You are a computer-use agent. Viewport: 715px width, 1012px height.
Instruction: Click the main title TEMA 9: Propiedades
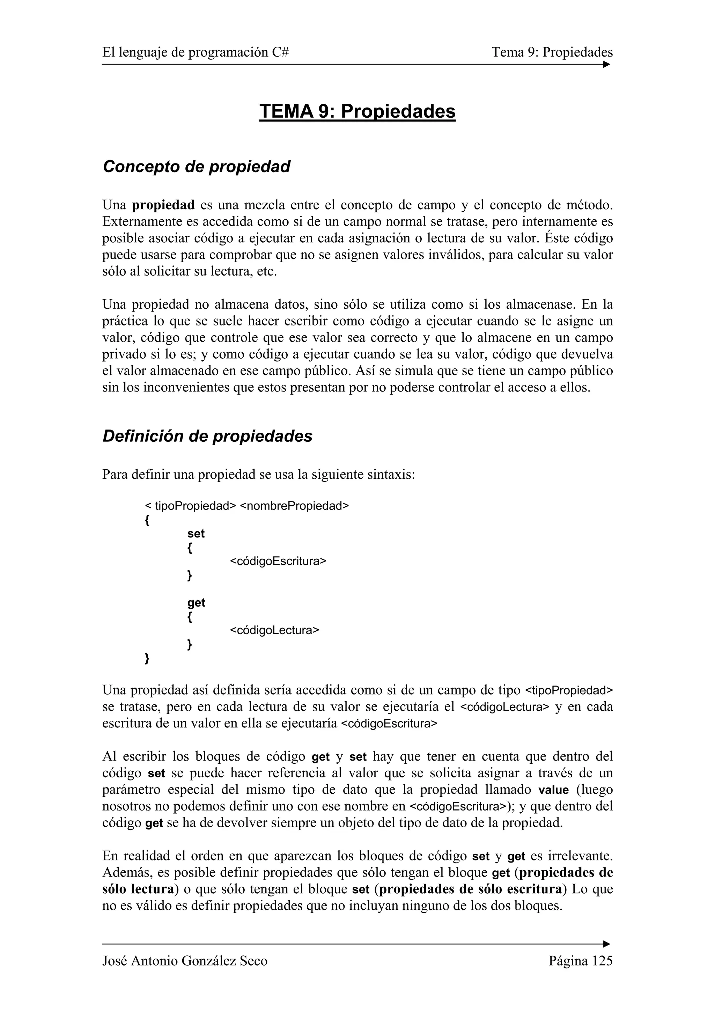(357, 111)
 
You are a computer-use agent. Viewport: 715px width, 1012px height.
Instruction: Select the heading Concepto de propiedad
(196, 167)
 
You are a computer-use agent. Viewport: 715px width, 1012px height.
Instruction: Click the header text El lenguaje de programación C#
(196, 52)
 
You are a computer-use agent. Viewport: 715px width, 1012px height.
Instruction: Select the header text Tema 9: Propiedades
(552, 52)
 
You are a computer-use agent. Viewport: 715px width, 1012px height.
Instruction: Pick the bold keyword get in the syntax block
(196, 602)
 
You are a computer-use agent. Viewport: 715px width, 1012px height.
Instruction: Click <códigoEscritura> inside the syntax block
(278, 561)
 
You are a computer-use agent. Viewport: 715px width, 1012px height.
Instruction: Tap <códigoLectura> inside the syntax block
(274, 630)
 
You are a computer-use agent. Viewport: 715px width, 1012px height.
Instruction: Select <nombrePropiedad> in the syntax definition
(294, 506)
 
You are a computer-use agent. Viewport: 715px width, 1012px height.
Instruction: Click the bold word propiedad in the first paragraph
(163, 205)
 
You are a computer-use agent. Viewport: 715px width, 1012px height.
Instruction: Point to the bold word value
(553, 790)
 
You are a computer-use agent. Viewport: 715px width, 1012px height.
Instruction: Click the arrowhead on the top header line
(607, 64)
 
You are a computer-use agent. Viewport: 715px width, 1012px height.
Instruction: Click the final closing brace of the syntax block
(147, 659)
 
